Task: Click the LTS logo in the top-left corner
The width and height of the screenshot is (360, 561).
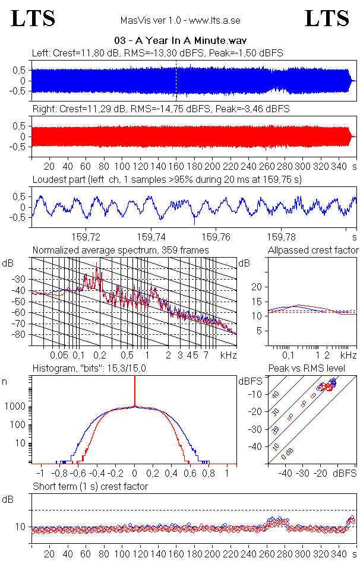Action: [x=33, y=18]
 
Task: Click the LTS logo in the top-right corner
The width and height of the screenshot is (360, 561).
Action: [x=326, y=18]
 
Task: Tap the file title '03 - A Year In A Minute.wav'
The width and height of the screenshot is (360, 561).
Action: [x=181, y=40]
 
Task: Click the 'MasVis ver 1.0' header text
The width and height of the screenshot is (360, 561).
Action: [x=149, y=20]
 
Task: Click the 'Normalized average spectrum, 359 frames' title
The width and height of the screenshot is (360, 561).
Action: [x=121, y=251]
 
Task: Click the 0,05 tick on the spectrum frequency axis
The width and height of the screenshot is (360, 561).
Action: [x=59, y=355]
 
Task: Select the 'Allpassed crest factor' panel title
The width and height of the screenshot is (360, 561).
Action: [x=313, y=251]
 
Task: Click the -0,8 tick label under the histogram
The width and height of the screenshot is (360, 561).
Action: [x=59, y=473]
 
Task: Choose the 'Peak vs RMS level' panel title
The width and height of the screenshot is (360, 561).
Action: [x=307, y=369]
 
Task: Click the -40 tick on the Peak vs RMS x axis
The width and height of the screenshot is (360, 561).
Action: [x=286, y=473]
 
